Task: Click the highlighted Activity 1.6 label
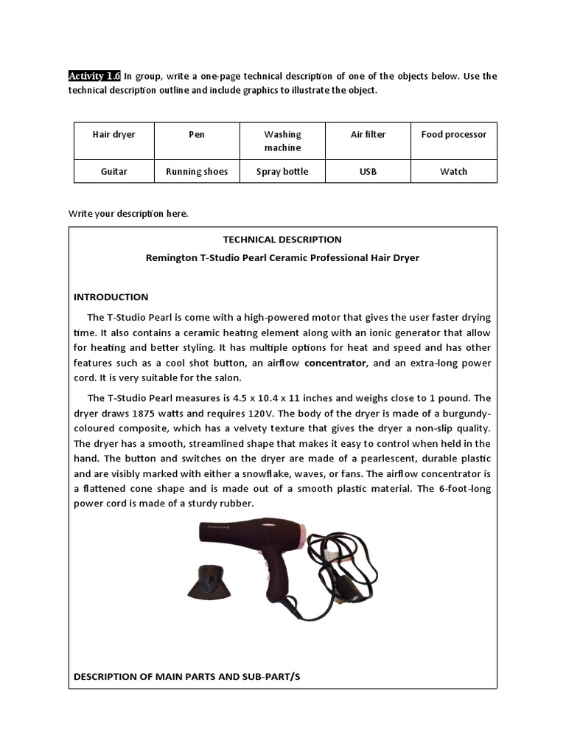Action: [x=94, y=76]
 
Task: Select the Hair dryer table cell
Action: [x=113, y=141]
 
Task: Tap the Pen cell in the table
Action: [x=197, y=141]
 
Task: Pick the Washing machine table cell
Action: [x=283, y=141]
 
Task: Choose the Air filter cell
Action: [x=368, y=141]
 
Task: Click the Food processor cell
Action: [x=453, y=141]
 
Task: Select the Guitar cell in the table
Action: [x=113, y=171]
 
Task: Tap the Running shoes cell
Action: [x=197, y=171]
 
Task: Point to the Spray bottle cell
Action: [x=283, y=171]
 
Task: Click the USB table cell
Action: [x=368, y=171]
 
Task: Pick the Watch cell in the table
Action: [x=453, y=171]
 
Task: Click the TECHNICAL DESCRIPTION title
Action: [x=282, y=240]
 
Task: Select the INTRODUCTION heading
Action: [x=111, y=297]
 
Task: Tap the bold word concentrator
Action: [x=335, y=363]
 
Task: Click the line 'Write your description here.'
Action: [x=128, y=214]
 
